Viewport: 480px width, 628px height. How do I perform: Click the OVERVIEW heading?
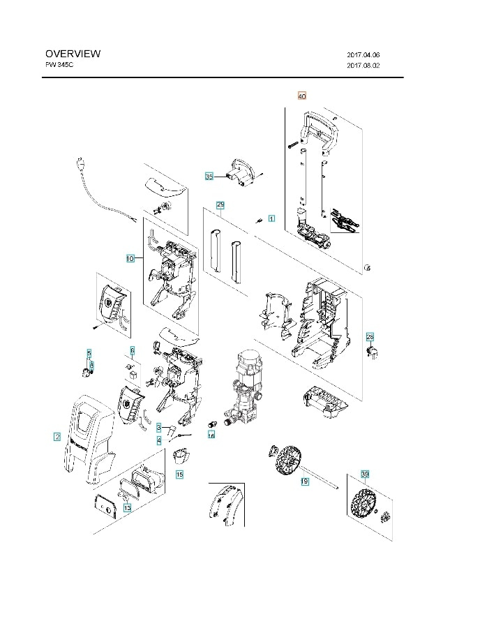73,54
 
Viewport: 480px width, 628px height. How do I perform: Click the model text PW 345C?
59,64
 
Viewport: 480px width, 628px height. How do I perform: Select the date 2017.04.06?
363,54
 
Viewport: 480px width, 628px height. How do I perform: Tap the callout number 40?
302,96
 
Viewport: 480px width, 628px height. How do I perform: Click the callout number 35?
209,177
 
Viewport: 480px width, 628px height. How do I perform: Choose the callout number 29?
220,205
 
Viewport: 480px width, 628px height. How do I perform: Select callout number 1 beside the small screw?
271,218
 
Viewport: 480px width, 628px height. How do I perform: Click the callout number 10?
130,258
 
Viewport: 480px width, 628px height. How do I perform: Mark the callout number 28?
370,336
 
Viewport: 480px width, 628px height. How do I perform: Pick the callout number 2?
57,438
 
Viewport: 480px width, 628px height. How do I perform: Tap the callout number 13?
127,509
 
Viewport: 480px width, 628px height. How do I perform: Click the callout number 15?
179,474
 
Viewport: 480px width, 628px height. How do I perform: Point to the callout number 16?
211,435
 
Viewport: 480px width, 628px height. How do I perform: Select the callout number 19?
304,481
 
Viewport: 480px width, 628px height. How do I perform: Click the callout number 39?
364,474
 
